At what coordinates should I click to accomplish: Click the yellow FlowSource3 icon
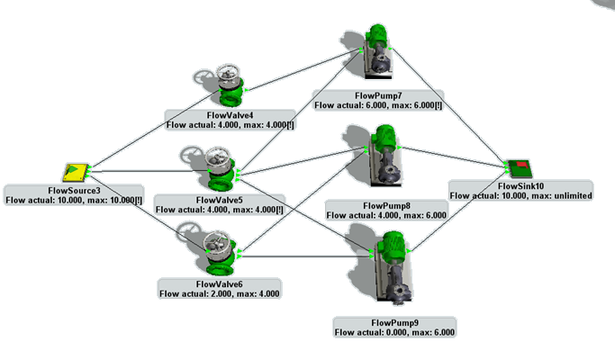coord(76,172)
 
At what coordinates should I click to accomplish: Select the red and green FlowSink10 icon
coord(518,167)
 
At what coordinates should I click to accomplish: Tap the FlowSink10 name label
coord(520,185)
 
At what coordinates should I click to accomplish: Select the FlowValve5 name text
coord(219,200)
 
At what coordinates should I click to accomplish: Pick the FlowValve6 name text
coord(219,283)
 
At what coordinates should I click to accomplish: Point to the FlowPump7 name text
coord(377,95)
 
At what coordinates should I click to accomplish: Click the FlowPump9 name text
coord(394,322)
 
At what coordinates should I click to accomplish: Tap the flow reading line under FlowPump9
coord(394,332)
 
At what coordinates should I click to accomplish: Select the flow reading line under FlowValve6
coord(219,293)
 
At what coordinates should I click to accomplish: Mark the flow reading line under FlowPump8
coord(385,215)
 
